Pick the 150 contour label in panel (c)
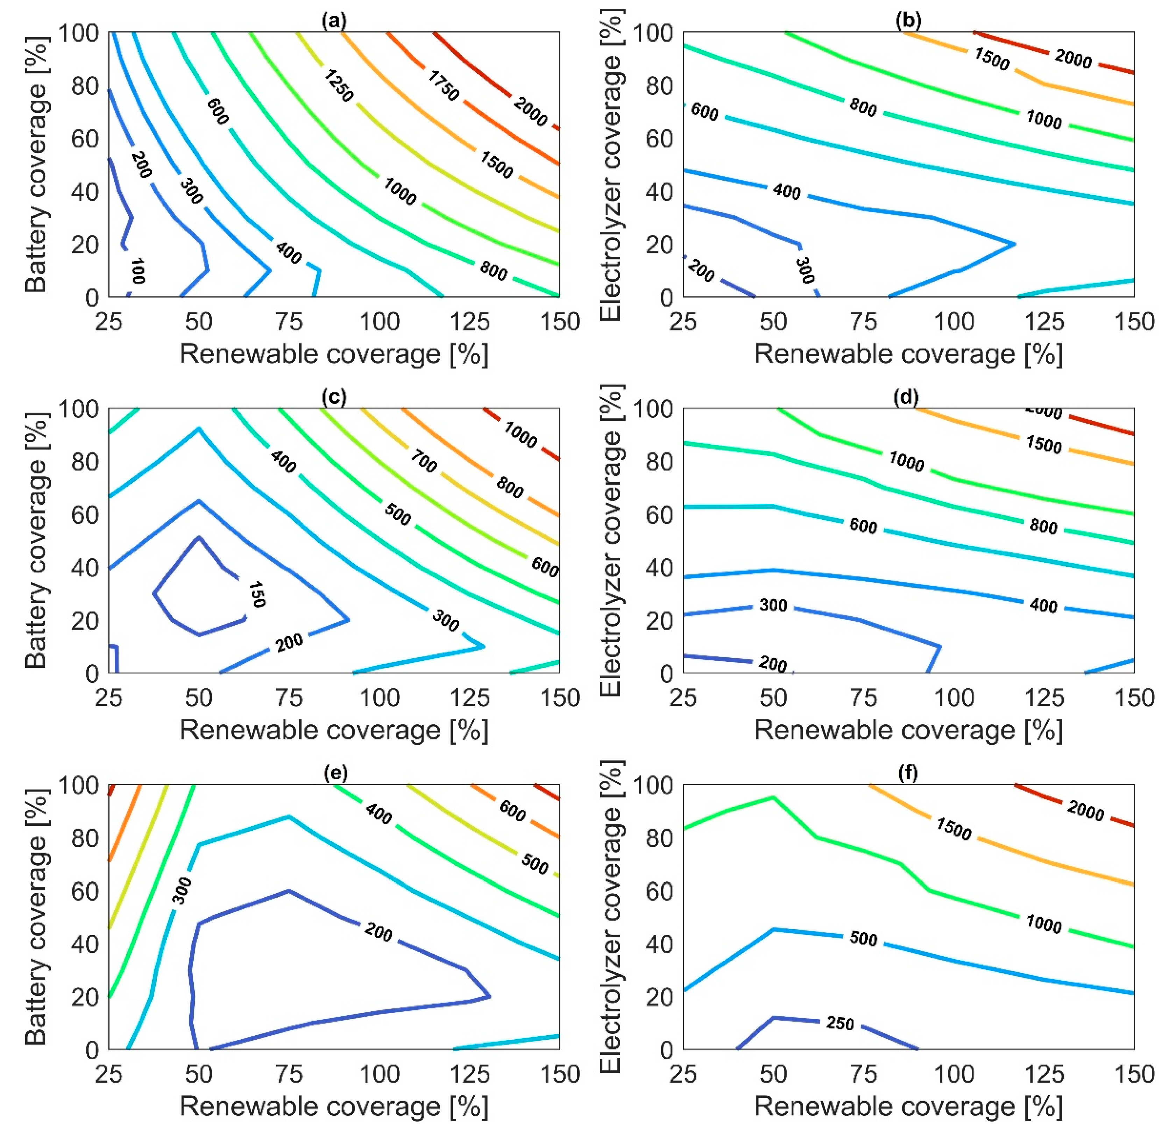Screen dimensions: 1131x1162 pyautogui.click(x=256, y=594)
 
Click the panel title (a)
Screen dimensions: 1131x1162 pyautogui.click(x=333, y=21)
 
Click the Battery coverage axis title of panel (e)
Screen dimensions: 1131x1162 pyautogui.click(x=36, y=917)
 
